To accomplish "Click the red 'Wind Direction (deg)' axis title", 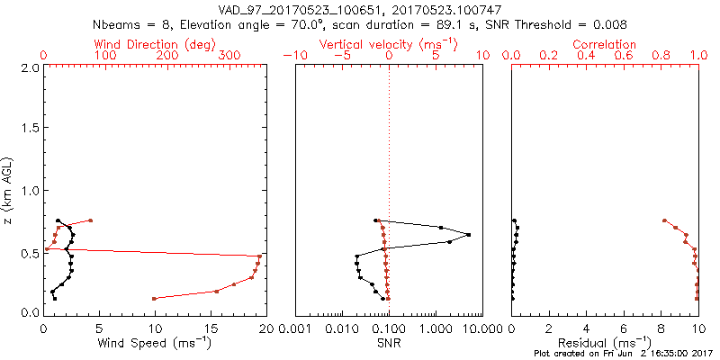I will [x=156, y=44].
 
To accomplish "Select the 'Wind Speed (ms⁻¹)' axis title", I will [x=156, y=343].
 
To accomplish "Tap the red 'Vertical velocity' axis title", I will [x=388, y=44].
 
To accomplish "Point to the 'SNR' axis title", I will [x=388, y=343].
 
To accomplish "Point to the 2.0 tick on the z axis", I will [x=30, y=67].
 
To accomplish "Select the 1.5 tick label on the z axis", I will [x=30, y=129].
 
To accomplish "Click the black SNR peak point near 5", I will [x=469, y=235].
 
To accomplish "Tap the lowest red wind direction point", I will [x=154, y=299].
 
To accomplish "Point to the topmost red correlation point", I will [x=664, y=220].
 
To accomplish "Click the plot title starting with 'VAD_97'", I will [x=360, y=10].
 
